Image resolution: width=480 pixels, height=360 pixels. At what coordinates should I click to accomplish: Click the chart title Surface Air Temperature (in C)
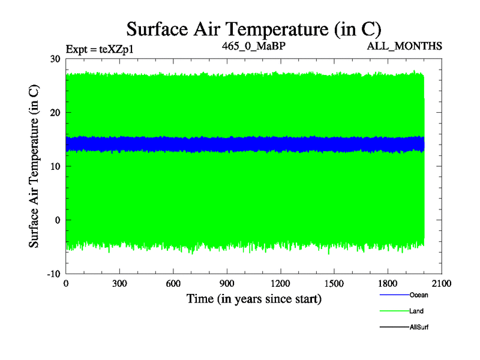[253, 29]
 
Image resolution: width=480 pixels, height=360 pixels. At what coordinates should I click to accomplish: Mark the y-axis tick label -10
[53, 274]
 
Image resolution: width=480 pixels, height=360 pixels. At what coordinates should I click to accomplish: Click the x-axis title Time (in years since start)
[254, 298]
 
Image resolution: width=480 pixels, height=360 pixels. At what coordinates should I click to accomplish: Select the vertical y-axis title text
[35, 166]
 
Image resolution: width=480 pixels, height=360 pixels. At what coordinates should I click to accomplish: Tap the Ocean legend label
[418, 295]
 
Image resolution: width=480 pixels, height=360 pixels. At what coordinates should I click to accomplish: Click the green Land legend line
[393, 311]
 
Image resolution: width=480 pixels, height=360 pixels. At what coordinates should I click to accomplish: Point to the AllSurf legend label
[419, 327]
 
